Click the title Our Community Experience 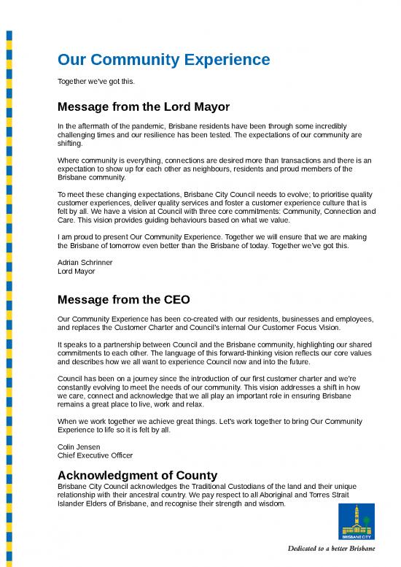[x=163, y=59]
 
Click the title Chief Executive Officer [x=95, y=455]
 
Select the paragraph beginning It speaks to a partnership [x=214, y=353]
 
